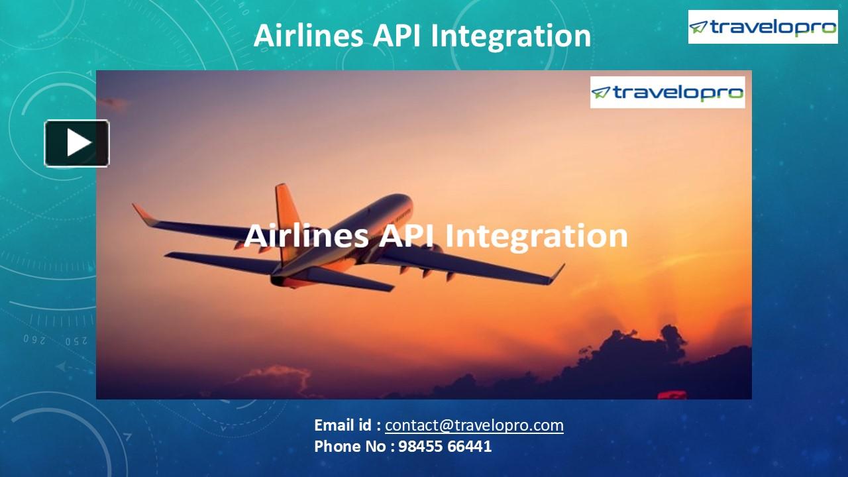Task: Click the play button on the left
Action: point(77,143)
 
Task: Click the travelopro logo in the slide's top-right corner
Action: point(763,27)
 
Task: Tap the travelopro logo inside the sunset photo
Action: point(667,92)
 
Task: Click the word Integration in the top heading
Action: point(511,36)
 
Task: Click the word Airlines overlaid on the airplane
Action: point(306,236)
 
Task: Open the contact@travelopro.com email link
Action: point(474,425)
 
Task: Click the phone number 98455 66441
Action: point(445,446)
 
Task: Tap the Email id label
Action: point(346,425)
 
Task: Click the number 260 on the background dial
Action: point(34,340)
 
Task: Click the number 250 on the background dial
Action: point(76,341)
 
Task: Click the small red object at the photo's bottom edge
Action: point(671,395)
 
